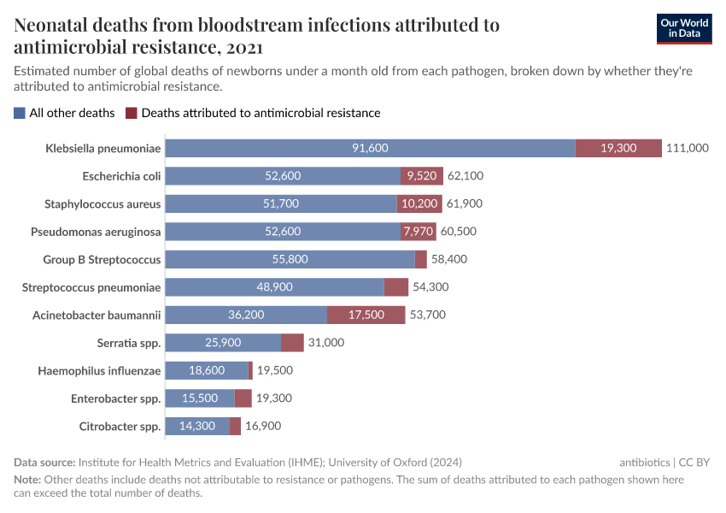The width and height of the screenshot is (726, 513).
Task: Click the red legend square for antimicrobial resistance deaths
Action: click(131, 113)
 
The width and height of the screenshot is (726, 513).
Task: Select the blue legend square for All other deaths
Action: click(20, 113)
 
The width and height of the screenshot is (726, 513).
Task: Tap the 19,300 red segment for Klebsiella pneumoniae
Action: click(618, 148)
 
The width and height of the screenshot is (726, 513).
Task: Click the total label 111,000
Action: click(688, 148)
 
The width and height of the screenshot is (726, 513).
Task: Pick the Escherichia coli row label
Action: click(121, 176)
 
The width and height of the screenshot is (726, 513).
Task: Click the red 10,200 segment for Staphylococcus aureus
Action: click(420, 203)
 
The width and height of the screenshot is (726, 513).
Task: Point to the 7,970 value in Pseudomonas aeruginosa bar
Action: click(418, 232)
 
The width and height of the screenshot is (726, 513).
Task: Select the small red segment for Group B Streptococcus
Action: click(421, 259)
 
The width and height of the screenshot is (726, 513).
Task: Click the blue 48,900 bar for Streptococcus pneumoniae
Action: click(274, 287)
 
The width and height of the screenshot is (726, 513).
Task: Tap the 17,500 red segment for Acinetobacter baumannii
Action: click(366, 315)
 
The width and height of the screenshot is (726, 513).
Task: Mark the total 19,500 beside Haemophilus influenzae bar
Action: click(275, 370)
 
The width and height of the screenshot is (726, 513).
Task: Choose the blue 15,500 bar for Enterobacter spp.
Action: click(199, 398)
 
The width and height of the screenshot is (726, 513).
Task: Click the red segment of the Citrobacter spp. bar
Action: click(235, 426)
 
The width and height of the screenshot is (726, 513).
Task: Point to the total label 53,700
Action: click(428, 315)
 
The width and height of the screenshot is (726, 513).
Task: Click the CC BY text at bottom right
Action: click(694, 462)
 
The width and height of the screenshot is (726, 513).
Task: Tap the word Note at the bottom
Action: click(27, 480)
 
